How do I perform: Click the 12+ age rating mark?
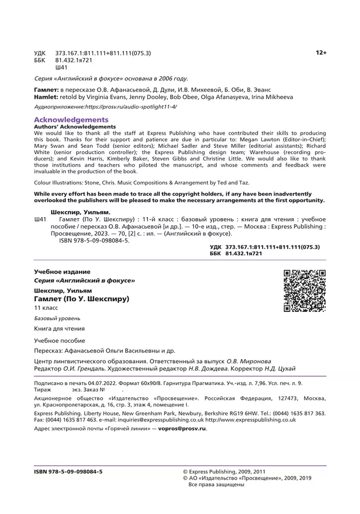(x=321, y=53)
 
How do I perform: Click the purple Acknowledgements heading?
(x=71, y=120)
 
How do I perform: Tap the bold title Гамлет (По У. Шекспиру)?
(x=81, y=299)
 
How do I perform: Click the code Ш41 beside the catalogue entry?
(x=40, y=220)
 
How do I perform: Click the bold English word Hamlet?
(x=47, y=96)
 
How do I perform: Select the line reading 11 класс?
(x=46, y=308)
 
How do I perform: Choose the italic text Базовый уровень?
(x=57, y=318)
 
